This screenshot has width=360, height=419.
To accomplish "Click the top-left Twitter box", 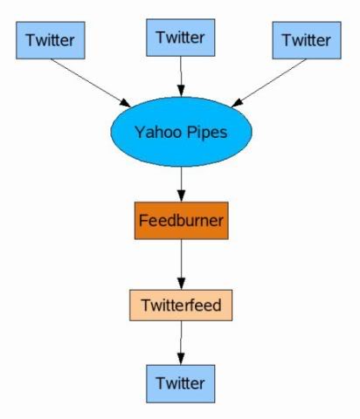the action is [51, 40].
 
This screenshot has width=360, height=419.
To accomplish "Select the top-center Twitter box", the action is [181, 38].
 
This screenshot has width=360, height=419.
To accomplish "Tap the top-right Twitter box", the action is [307, 40].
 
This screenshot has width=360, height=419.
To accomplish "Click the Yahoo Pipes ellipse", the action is [181, 132].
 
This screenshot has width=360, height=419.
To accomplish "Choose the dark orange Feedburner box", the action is [181, 221].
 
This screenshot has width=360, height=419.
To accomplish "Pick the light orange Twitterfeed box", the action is [181, 306].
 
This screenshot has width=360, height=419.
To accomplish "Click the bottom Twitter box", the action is [181, 384].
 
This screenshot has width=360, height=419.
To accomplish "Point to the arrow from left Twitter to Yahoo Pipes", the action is [91, 83].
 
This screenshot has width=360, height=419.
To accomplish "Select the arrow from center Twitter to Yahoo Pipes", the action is [181, 77].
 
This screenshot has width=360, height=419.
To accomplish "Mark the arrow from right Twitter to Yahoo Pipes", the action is [268, 83].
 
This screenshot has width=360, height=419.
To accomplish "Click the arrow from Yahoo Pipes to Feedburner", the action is [181, 184].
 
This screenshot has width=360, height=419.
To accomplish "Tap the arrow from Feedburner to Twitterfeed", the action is [181, 264].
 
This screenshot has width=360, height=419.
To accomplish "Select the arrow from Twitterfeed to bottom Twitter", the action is [181, 343].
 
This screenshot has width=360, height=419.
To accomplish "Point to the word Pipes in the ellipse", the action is [207, 133].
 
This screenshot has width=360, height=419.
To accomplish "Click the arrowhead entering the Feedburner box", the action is [181, 196].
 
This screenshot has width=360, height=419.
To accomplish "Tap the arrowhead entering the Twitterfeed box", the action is [181, 284].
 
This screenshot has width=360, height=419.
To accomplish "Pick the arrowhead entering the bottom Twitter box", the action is [181, 359].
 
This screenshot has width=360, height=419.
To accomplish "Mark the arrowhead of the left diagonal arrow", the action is [126, 103].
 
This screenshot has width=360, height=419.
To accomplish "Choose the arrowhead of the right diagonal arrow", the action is [237, 103].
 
